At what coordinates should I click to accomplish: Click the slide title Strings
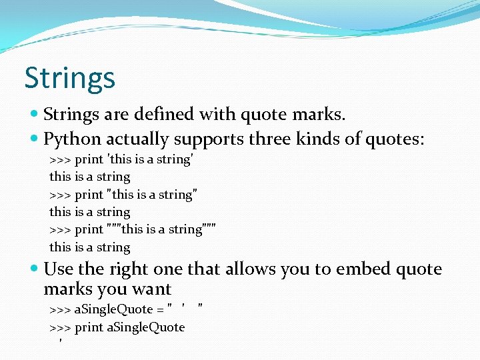69,78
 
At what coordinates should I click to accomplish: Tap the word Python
72,139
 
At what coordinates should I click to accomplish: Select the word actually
138,139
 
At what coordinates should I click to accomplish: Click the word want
152,289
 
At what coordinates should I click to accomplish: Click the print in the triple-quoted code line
89,229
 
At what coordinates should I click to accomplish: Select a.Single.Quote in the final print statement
146,327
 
